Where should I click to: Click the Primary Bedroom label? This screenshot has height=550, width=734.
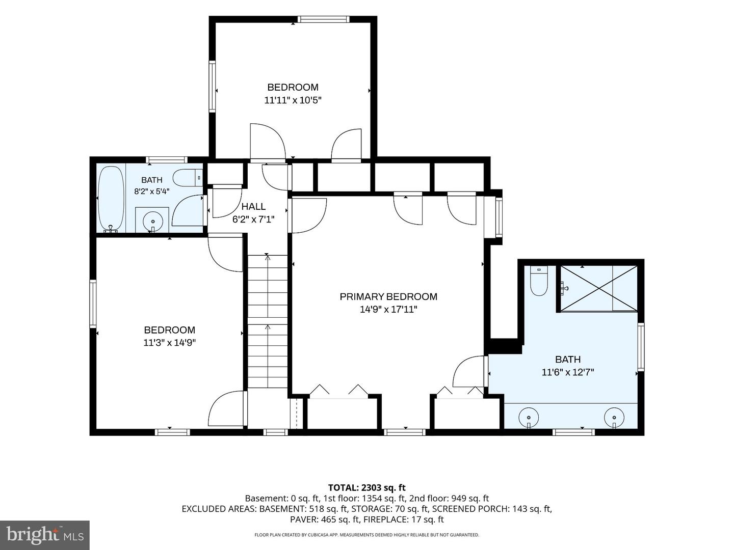388,296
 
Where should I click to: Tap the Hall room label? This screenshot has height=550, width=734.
253,207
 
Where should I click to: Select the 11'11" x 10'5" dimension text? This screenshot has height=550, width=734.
293,100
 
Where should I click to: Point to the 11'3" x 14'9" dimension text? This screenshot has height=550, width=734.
170,343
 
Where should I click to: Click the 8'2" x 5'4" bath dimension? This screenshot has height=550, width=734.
152,191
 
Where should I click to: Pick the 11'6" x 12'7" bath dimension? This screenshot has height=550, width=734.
568,372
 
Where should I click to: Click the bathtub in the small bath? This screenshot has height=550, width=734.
111,199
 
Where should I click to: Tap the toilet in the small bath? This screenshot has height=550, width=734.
189,178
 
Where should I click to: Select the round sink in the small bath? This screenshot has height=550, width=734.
153,221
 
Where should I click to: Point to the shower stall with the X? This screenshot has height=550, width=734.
598,289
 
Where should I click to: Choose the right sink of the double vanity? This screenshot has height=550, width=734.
614,418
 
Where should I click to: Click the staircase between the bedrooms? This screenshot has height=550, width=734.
268,321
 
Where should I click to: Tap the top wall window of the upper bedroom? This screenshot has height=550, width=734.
323,19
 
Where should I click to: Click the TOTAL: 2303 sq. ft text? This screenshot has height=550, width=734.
367,487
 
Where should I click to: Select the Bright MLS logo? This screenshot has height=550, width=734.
45,535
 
